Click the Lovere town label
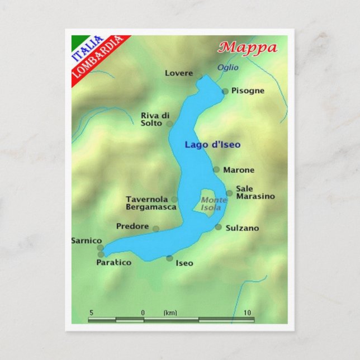[x=179, y=73]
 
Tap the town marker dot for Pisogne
[x=225, y=91]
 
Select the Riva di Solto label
[x=151, y=119]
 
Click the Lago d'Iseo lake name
[x=212, y=145]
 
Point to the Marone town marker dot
[x=216, y=169]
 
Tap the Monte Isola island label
[x=211, y=204]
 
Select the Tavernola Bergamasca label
[x=151, y=203]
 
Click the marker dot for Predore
[x=156, y=229]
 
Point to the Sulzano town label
[x=242, y=228]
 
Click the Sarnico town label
[x=87, y=240]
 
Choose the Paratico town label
[x=113, y=262]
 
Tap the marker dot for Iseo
[x=169, y=258]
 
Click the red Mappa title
[x=248, y=47]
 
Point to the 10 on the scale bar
[x=247, y=312]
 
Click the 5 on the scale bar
[x=91, y=312]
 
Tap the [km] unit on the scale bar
[x=170, y=312]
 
